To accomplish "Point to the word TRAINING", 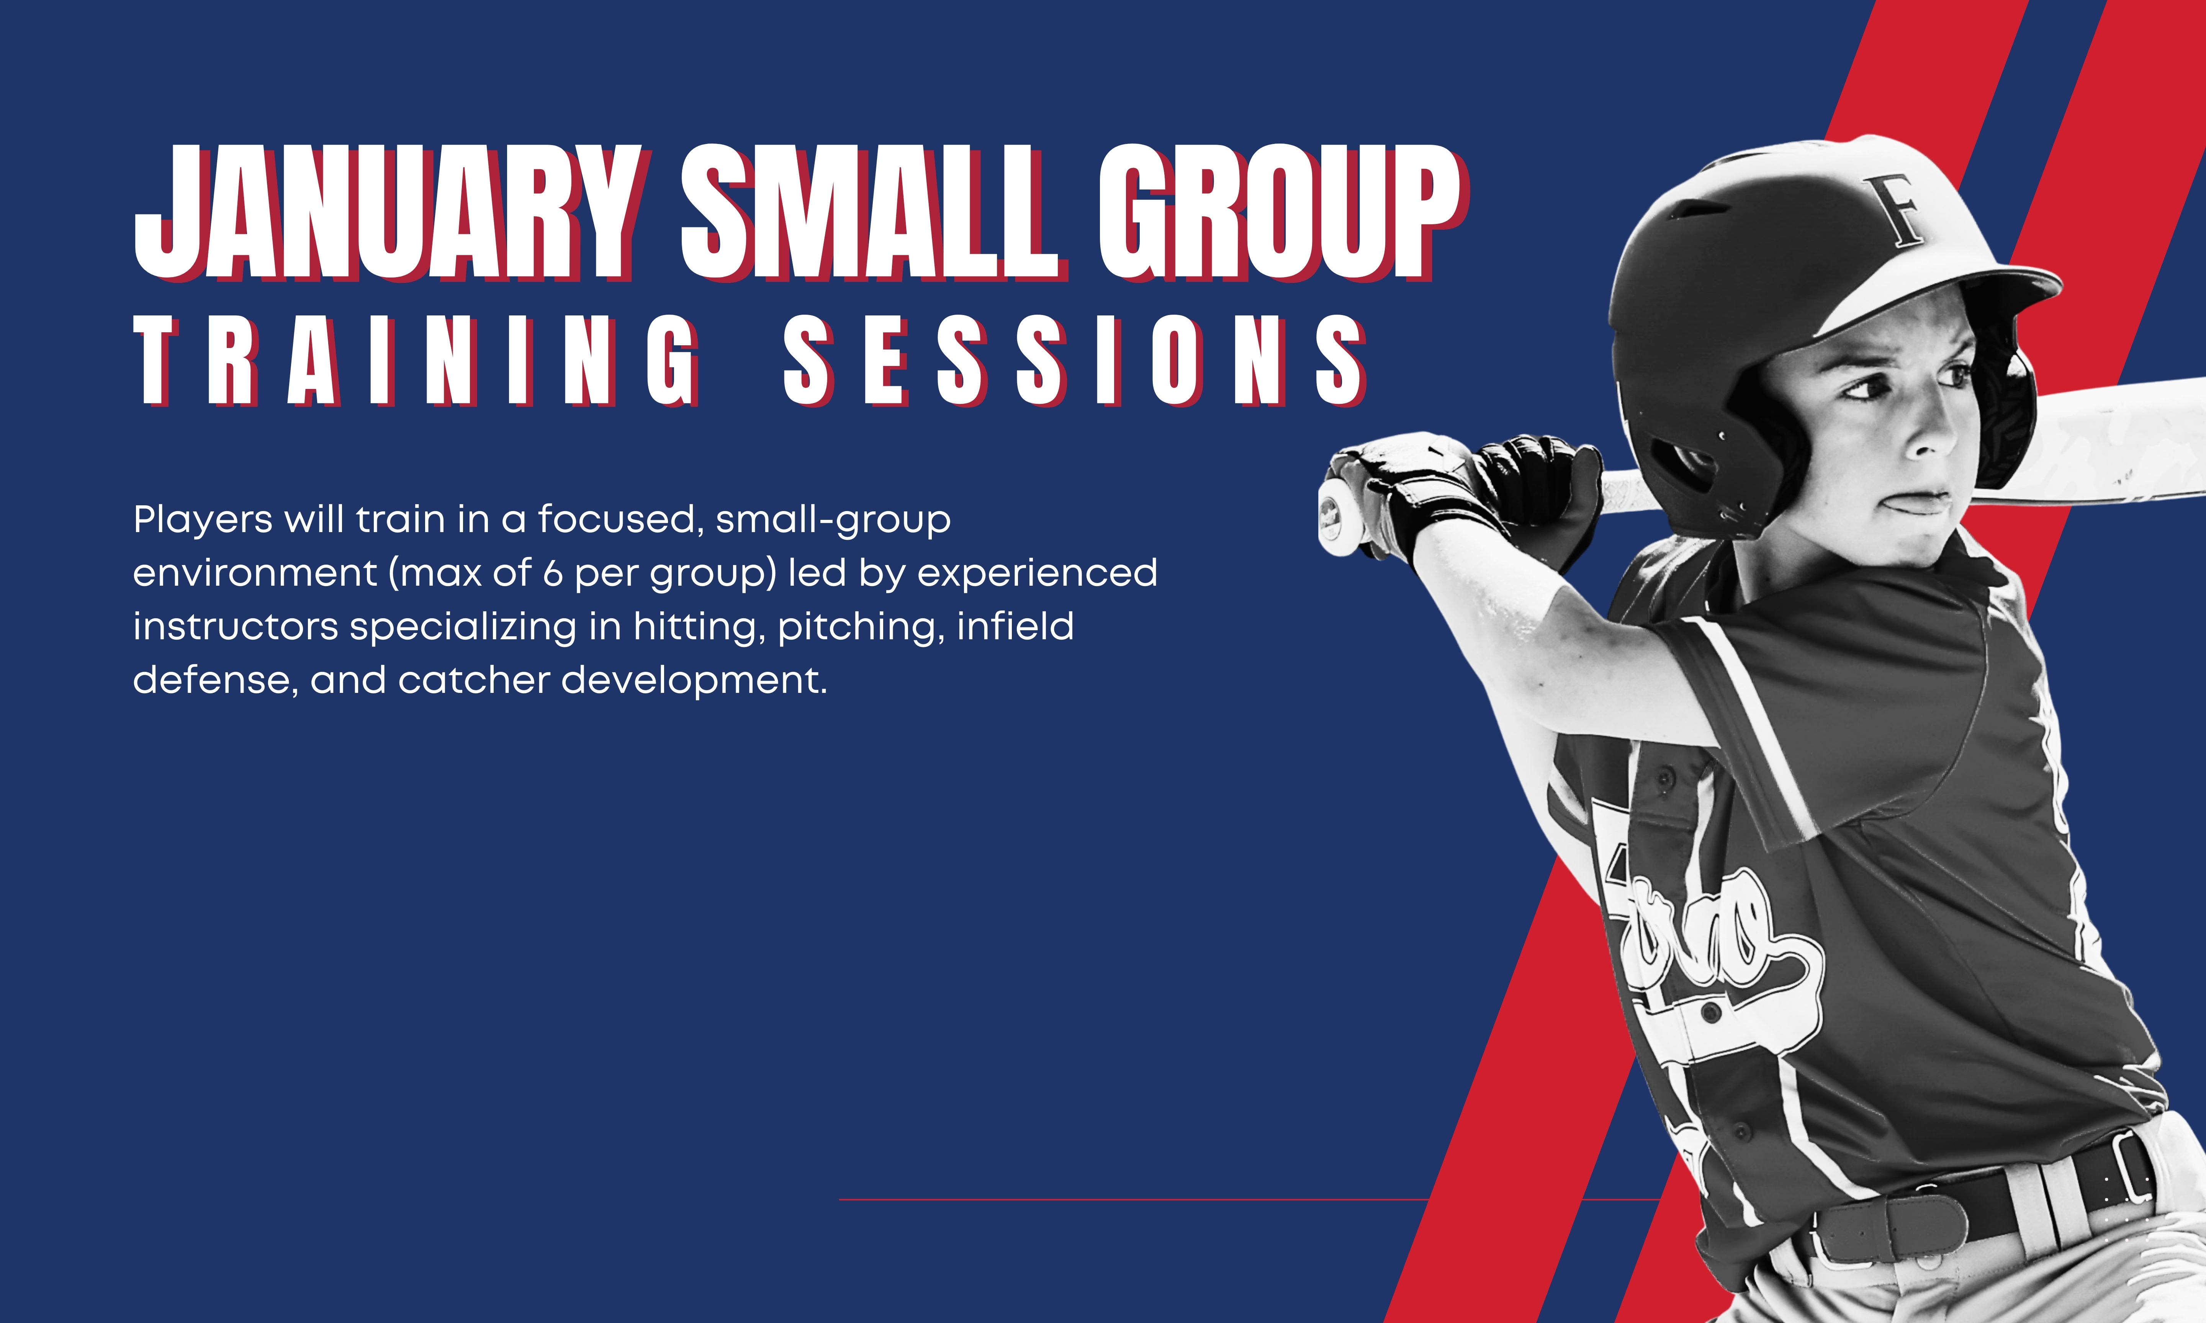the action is (419, 361).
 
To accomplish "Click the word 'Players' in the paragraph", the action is (203, 520).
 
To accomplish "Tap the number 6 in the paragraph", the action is (553, 573).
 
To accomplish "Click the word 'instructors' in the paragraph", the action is (236, 627).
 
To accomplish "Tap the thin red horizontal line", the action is (1248, 1200).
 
